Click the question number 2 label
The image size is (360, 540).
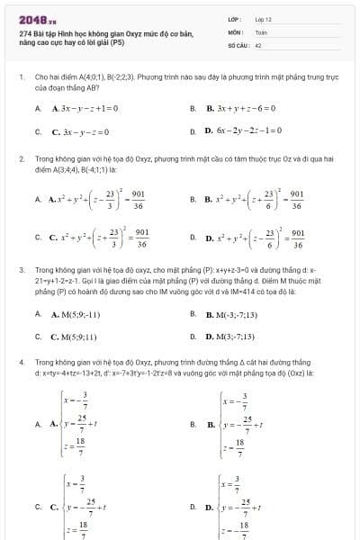pos(20,157)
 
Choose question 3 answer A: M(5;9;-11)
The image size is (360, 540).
pos(76,315)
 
